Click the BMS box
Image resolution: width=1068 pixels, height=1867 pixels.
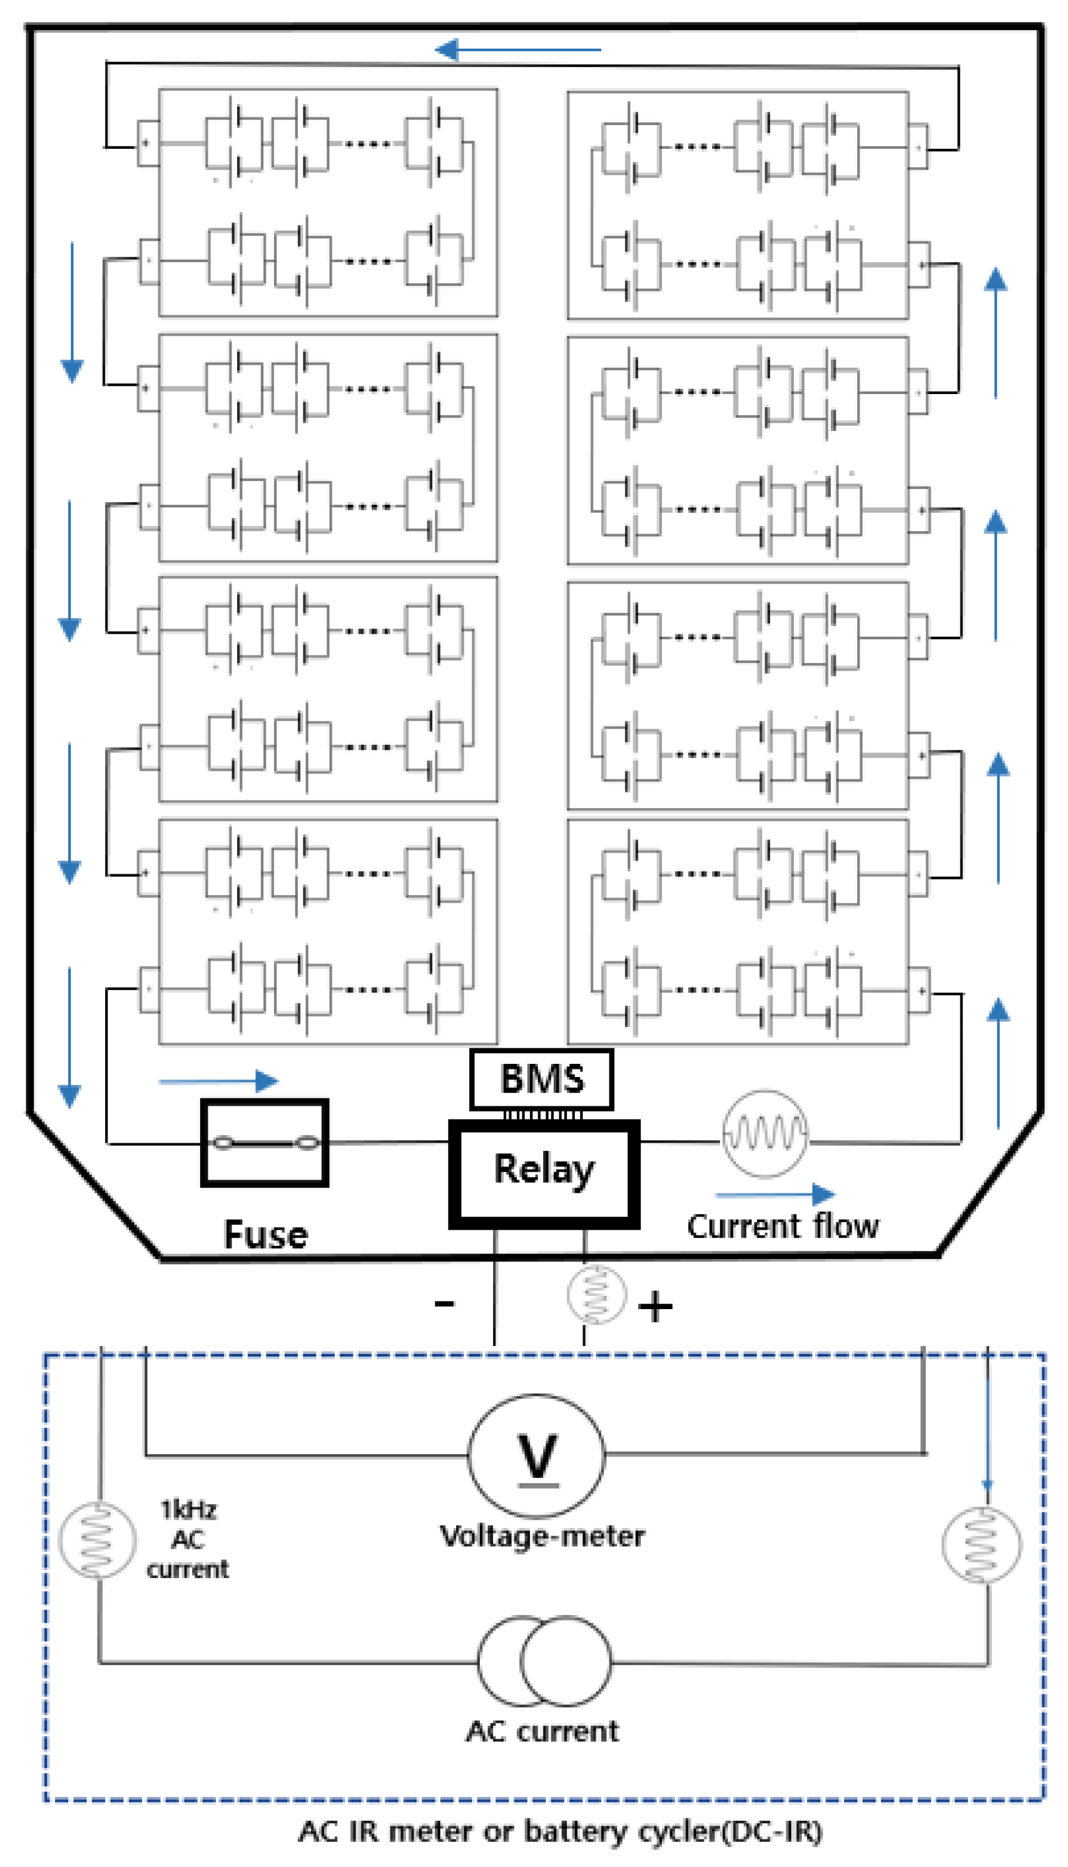pos(541,1079)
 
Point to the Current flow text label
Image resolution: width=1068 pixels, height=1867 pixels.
pos(782,1226)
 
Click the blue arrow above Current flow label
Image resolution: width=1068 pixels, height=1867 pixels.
pos(775,1195)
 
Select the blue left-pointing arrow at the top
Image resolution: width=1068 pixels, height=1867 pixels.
pos(518,50)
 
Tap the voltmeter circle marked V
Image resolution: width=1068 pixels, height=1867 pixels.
pos(537,1455)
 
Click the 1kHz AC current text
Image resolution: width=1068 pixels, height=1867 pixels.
pos(188,1539)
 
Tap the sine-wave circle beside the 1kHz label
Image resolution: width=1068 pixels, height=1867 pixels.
pos(97,1539)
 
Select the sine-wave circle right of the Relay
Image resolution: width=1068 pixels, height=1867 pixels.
pos(765,1134)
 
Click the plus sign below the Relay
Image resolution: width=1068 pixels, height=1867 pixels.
pos(655,1307)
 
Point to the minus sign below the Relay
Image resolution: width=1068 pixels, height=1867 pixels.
pos(444,1303)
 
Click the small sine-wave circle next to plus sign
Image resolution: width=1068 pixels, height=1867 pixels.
pos(596,1294)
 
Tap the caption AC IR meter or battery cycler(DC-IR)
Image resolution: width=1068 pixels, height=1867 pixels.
pos(561,1831)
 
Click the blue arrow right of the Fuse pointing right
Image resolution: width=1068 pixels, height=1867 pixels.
pos(218,1080)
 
